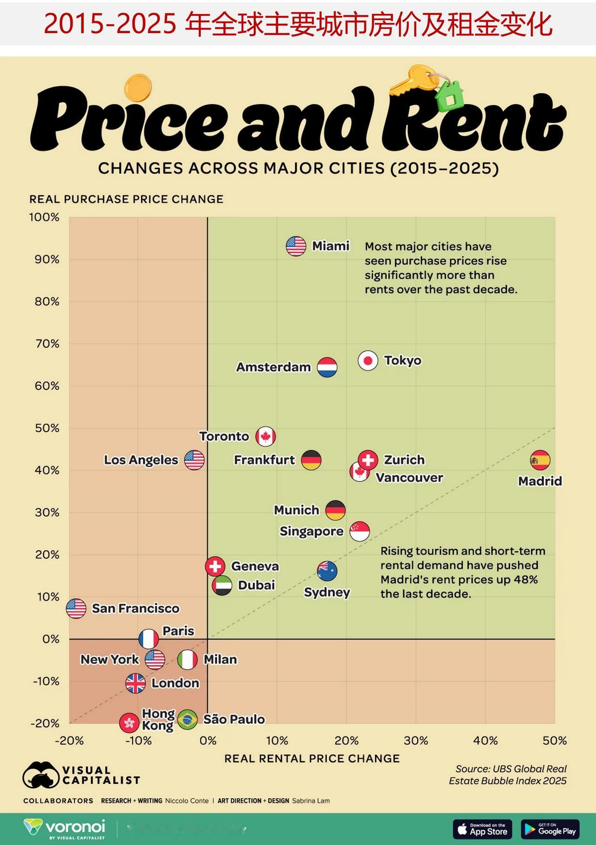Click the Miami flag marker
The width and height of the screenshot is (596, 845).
point(296,246)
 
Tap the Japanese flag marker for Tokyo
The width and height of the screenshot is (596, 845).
point(368,360)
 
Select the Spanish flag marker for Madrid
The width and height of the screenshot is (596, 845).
point(540,460)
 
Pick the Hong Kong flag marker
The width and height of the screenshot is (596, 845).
point(129,723)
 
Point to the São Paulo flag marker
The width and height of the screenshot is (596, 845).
point(187,720)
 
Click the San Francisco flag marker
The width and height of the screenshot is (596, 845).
point(76,608)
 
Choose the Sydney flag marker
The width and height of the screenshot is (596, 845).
point(327,571)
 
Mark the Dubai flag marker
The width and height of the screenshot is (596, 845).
point(222,585)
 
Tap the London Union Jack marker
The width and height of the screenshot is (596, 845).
point(135,683)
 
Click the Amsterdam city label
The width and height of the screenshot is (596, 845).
point(273,367)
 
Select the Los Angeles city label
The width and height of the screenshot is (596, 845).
point(141,460)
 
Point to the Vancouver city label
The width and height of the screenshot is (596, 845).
point(409,478)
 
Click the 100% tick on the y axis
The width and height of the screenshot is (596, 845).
point(45,217)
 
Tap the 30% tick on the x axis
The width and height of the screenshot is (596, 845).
point(416,741)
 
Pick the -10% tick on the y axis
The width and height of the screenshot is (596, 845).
point(46,681)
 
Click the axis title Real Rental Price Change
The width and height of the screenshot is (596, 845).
point(312,759)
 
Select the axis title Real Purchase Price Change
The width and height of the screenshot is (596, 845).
point(126,199)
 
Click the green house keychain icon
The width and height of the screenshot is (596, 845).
point(449,96)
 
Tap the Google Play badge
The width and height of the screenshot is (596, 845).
point(550,829)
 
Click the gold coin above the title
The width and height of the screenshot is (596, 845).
point(138,88)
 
